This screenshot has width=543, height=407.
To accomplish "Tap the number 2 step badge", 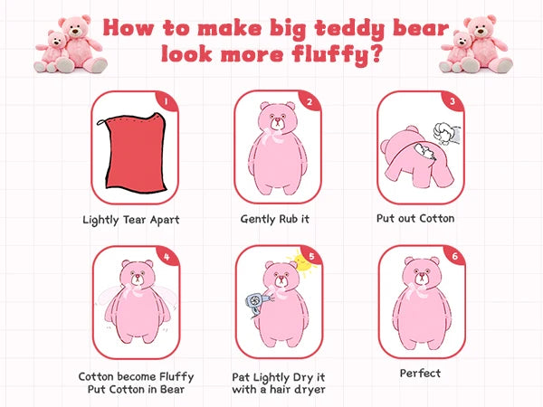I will point(308,102).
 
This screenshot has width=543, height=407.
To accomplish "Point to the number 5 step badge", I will point(308,256).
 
